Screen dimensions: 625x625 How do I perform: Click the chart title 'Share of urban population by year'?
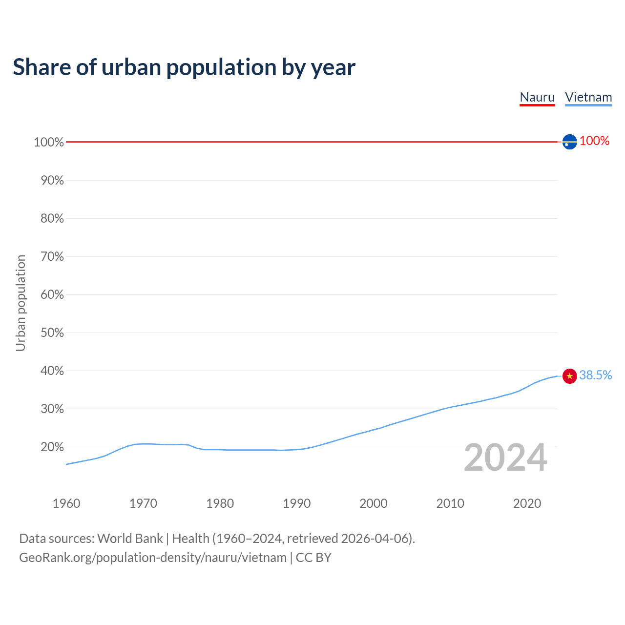click(x=184, y=67)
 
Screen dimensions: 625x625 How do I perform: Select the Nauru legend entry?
click(x=537, y=97)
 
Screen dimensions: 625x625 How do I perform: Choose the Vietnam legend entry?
click(x=588, y=97)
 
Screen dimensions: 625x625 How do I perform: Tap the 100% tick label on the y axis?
click(x=49, y=142)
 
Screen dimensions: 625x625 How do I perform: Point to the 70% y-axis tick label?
click(x=52, y=256)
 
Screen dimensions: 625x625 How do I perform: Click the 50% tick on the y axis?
click(x=52, y=333)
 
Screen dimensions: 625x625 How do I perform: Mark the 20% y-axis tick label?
click(x=52, y=447)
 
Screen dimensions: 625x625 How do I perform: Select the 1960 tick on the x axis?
click(x=66, y=503)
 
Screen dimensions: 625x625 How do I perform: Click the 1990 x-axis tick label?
click(x=296, y=503)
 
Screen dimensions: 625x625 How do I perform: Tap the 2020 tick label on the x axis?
click(x=527, y=503)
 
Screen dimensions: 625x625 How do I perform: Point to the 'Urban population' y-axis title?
click(x=21, y=303)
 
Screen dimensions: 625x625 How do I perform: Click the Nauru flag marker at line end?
click(x=569, y=142)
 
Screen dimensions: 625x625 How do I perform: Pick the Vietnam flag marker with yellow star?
click(x=569, y=375)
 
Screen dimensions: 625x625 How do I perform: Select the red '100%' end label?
click(x=594, y=141)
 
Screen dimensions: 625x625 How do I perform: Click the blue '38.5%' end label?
click(x=595, y=375)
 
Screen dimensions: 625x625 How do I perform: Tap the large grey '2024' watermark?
click(x=505, y=458)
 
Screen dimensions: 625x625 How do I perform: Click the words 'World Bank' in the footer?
click(x=130, y=538)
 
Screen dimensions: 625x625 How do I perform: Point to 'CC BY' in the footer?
click(x=313, y=557)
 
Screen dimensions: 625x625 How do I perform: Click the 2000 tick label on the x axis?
click(x=373, y=503)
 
